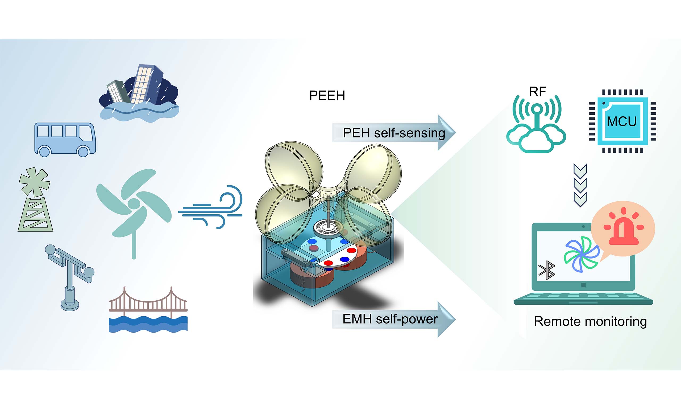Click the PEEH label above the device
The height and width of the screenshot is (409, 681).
point(327,96)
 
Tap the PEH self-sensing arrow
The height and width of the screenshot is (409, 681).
point(394,133)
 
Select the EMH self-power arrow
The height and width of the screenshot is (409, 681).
point(394,319)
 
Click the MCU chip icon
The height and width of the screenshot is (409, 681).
point(623,121)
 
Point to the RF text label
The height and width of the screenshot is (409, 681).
point(538,92)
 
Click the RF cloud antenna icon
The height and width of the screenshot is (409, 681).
point(536,124)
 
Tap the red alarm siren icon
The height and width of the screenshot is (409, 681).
point(623,227)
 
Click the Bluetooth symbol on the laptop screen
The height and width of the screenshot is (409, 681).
point(547,270)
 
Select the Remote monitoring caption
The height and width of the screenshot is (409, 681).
point(590,321)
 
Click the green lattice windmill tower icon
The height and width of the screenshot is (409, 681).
point(35,199)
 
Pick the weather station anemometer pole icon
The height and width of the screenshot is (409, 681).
point(69,277)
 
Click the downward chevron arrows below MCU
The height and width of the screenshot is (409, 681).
point(580,185)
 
